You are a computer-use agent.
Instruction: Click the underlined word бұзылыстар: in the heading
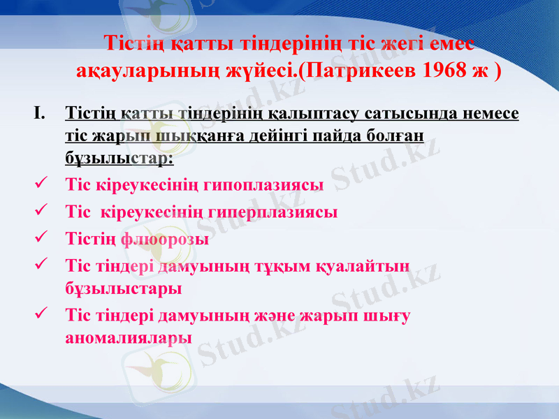[x=119, y=159]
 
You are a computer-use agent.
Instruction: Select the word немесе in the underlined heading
[x=486, y=112]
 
